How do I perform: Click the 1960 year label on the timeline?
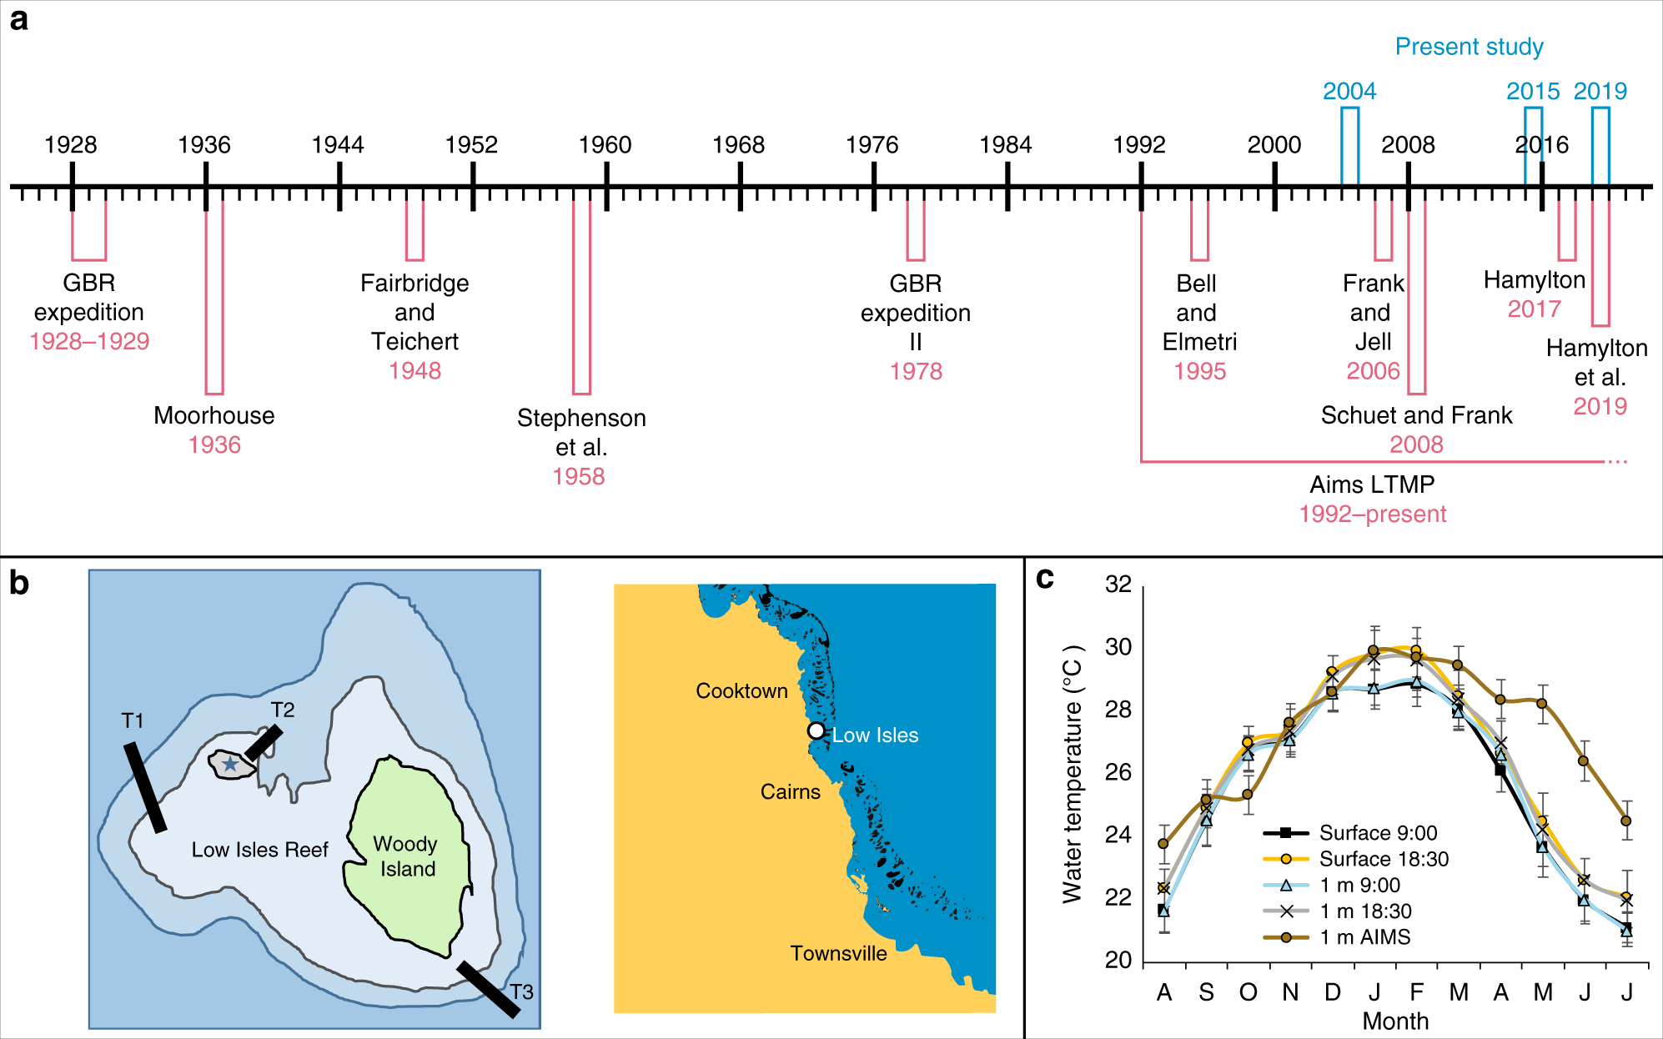tap(605, 145)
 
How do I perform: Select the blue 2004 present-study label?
tap(1349, 91)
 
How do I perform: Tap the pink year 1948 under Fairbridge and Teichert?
tap(414, 371)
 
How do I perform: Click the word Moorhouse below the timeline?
tap(214, 415)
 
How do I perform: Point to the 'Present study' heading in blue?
tap(1469, 47)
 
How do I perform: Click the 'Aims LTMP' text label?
tap(1372, 484)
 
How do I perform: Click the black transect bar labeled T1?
tap(145, 787)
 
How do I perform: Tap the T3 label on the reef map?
tap(521, 991)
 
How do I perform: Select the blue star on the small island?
tap(229, 764)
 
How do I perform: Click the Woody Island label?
tap(406, 856)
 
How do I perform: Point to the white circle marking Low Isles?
tap(816, 730)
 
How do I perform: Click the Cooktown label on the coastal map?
tap(741, 691)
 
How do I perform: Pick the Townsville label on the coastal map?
tap(838, 953)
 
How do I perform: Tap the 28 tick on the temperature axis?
tap(1118, 710)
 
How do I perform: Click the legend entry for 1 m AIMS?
tap(1364, 937)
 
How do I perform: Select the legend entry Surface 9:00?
tap(1377, 833)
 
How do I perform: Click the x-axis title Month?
tap(1395, 1021)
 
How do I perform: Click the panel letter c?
tap(1044, 578)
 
